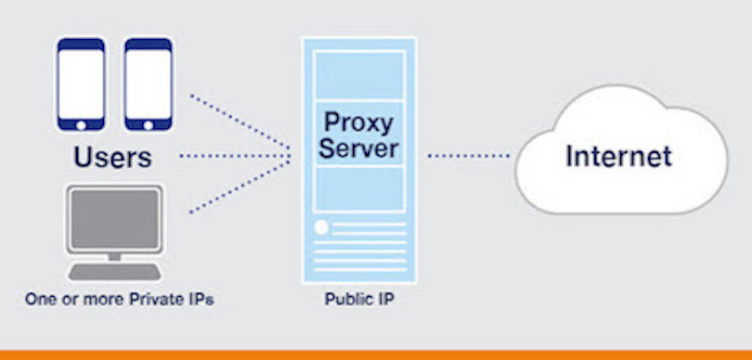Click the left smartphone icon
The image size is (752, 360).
point(82,84)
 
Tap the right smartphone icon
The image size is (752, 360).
point(148,84)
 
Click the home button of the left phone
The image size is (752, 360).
point(82,123)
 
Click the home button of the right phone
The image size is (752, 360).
point(148,123)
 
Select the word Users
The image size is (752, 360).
point(112,156)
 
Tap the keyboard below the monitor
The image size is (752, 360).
point(113,271)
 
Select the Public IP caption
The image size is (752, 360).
point(357,301)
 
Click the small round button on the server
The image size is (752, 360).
point(322,226)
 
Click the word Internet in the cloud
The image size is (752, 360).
point(618,155)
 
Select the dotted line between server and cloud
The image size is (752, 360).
point(468,156)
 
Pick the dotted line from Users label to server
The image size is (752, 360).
point(232,156)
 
